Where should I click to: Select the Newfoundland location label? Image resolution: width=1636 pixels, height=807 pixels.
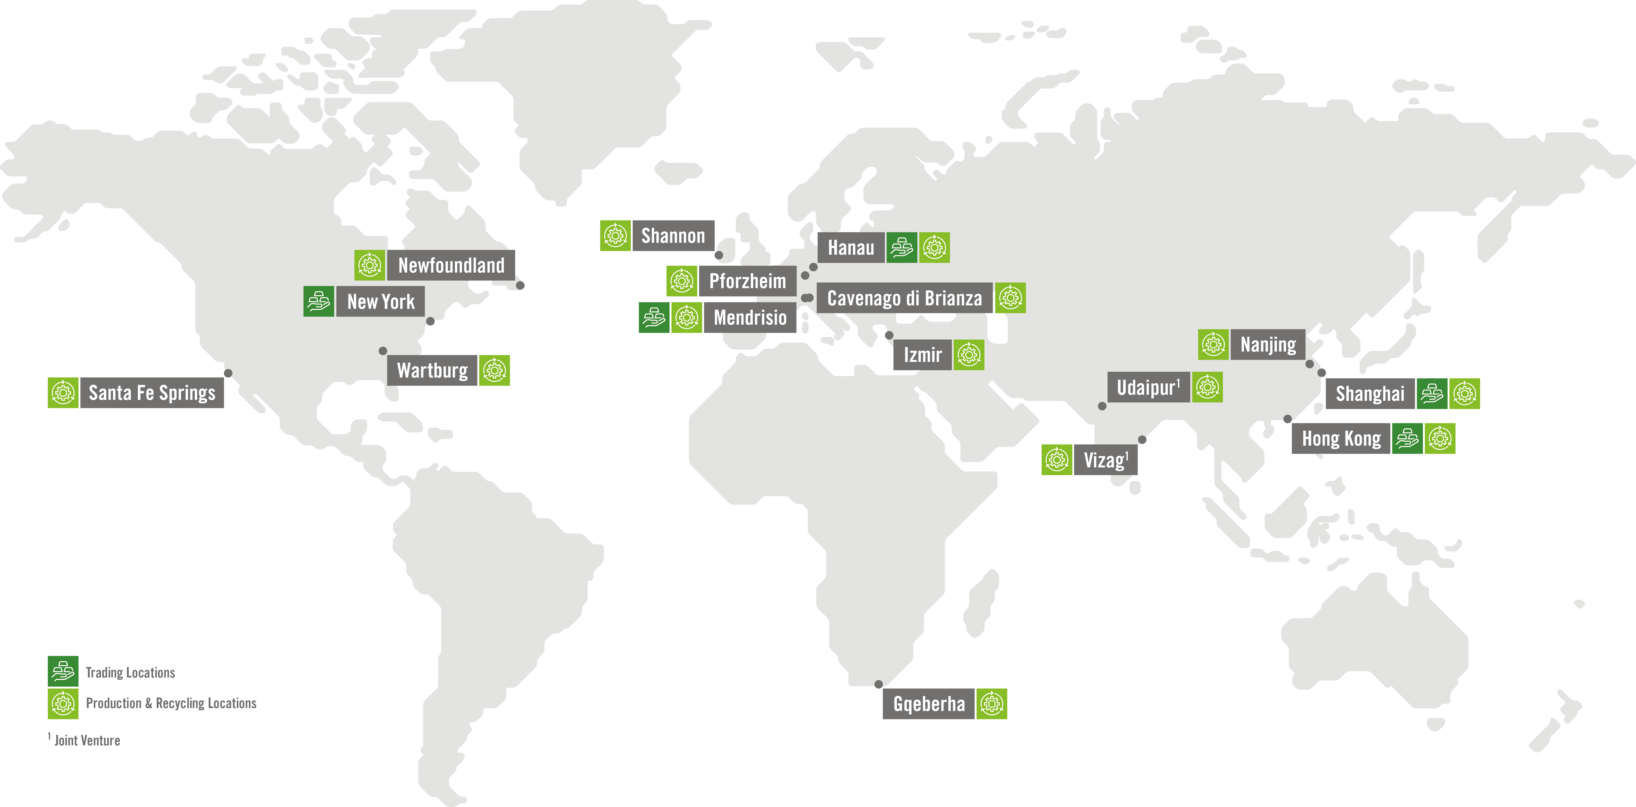point(451,266)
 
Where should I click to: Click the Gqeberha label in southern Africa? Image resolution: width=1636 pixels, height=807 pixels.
point(928,704)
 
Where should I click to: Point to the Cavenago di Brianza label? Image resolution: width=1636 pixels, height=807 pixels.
point(904,298)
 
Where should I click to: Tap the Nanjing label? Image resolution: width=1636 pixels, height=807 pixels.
point(1268,345)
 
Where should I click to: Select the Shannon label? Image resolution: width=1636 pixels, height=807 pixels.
point(673,236)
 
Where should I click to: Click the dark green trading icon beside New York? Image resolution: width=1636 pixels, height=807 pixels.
point(319,302)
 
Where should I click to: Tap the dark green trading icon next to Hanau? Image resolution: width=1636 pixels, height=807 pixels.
point(902,248)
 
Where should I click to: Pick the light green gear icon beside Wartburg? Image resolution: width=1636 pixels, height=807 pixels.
point(494,370)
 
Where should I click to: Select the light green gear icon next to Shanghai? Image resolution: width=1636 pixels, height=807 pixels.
point(1465,394)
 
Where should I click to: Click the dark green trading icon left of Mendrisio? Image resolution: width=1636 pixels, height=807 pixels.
point(653,318)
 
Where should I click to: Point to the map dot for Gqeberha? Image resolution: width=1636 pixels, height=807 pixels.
point(878,685)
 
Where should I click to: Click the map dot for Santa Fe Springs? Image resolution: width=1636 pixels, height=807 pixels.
point(228,373)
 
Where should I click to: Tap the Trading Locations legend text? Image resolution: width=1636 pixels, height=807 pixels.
point(130,672)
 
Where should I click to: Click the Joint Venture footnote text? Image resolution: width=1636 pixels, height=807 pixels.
point(87,740)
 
